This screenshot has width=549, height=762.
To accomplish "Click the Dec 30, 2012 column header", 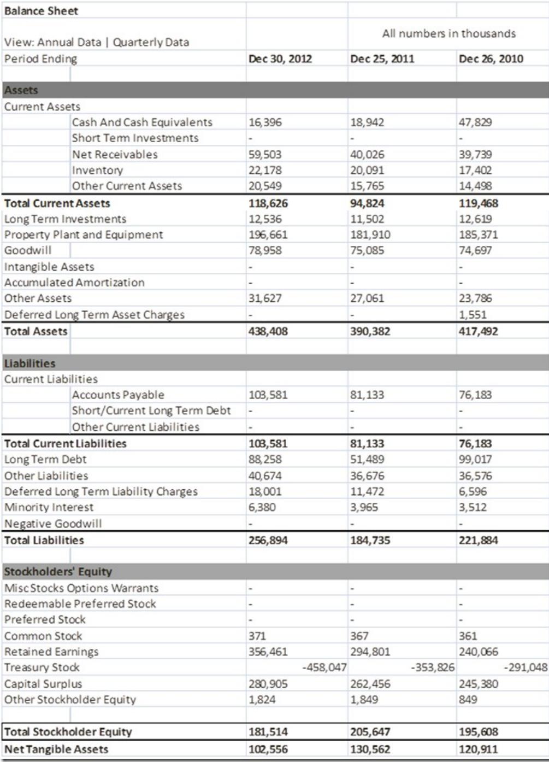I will tap(280, 59).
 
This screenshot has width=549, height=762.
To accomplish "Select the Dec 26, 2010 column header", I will tap(491, 59).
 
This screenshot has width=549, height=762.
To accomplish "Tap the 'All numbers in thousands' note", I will tap(448, 33).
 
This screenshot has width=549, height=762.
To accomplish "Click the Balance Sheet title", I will tap(41, 11).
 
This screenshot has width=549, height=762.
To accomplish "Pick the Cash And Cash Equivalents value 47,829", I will tap(475, 122).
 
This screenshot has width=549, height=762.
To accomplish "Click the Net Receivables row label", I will tap(115, 155).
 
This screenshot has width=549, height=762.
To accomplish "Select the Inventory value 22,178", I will tap(265, 171).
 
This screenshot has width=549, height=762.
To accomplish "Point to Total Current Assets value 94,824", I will tap(367, 203).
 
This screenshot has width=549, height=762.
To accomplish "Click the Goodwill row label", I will tap(28, 250).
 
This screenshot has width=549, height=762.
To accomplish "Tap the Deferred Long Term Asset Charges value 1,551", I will tap(473, 315).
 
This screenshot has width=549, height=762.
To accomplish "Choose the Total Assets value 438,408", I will tap(268, 331).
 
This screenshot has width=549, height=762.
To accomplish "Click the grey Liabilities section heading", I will tap(29, 364).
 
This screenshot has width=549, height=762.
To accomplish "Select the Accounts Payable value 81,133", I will tap(367, 395).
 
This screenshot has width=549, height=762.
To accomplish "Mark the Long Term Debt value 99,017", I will tap(475, 460).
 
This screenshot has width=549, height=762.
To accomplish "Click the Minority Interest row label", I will tap(49, 507).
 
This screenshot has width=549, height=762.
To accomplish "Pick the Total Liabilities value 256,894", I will tap(268, 540).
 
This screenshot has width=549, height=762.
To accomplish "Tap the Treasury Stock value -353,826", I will tap(432, 667).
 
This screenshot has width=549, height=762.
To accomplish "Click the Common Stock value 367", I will tap(359, 636).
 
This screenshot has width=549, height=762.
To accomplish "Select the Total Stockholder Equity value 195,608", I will tap(478, 732).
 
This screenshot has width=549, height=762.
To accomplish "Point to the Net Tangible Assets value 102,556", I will tap(268, 749).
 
